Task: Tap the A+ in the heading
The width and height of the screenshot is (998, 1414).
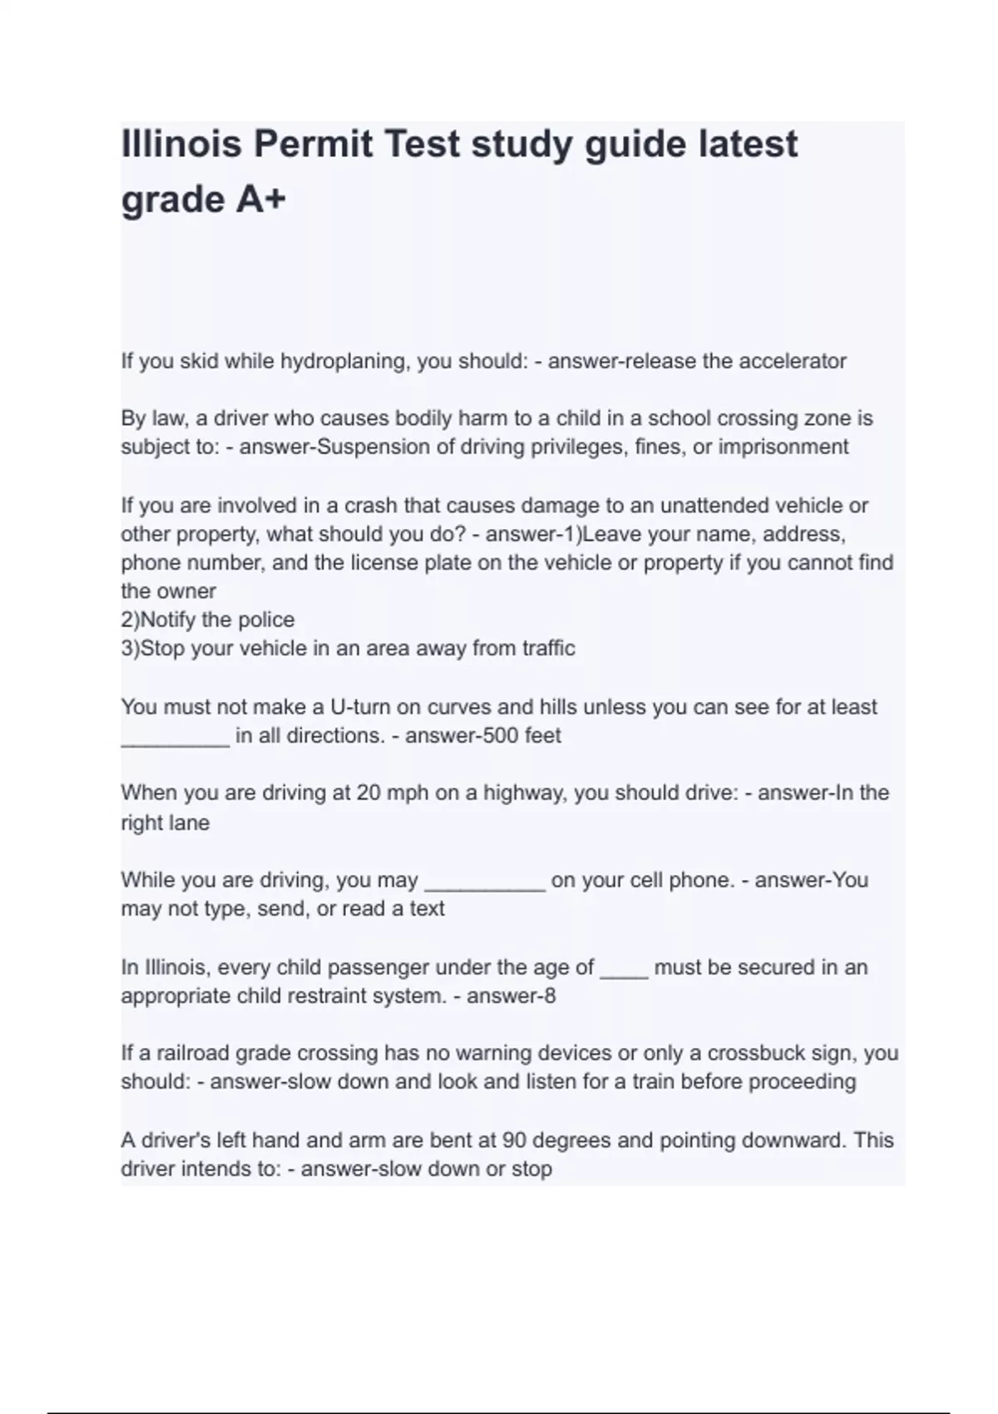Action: coord(260,200)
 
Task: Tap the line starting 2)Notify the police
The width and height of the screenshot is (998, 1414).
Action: coord(208,620)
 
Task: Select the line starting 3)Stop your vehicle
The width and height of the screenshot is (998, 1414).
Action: coord(348,649)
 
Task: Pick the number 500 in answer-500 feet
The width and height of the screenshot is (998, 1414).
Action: coord(497,736)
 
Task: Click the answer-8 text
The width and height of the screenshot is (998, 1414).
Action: coord(511,996)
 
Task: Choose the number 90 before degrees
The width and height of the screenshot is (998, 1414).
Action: coord(516,1140)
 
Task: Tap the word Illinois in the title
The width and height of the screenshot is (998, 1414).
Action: coord(182,145)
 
